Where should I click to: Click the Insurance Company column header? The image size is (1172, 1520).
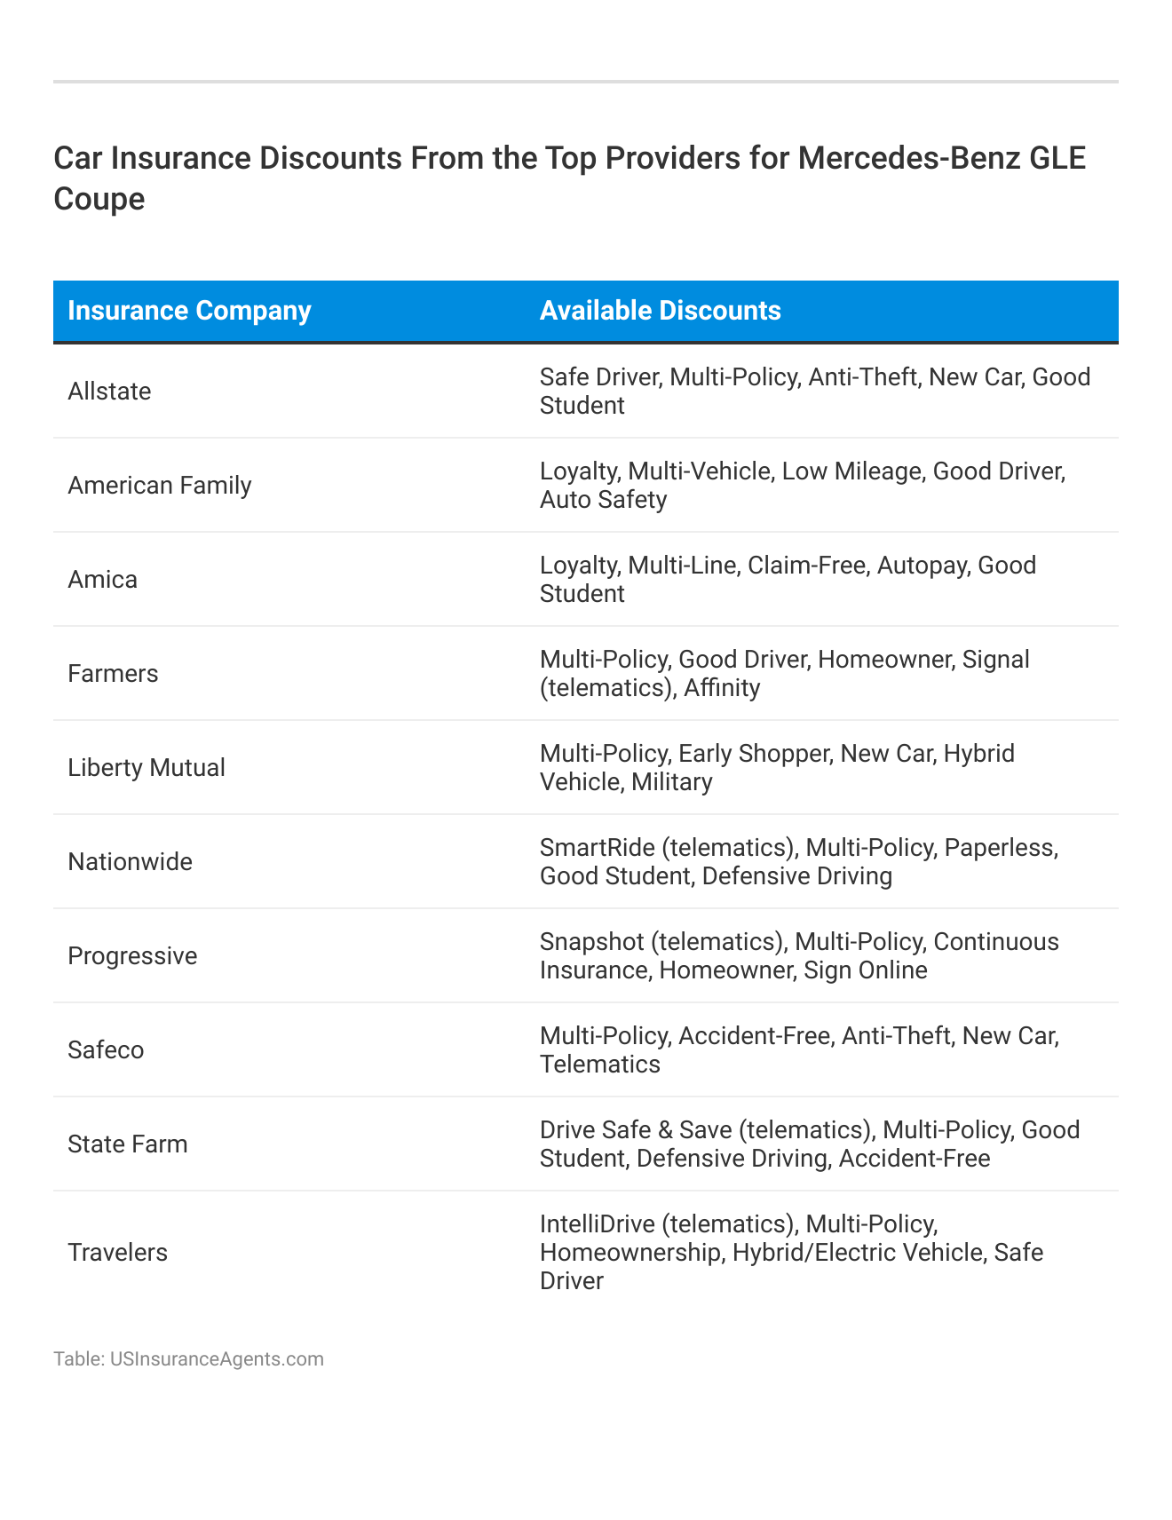click(189, 311)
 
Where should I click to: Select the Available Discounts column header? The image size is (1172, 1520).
click(660, 311)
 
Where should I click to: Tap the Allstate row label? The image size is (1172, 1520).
click(109, 392)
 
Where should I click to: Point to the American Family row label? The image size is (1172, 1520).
click(160, 486)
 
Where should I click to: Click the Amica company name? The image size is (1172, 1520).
click(102, 580)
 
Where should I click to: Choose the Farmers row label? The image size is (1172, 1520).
click(113, 674)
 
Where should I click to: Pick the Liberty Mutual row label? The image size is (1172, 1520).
click(146, 768)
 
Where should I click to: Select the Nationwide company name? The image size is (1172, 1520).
click(130, 862)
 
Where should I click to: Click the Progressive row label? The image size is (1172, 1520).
click(132, 956)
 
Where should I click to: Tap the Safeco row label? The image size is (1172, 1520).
click(106, 1050)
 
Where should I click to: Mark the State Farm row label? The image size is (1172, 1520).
click(128, 1144)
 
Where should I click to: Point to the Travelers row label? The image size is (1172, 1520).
click(117, 1253)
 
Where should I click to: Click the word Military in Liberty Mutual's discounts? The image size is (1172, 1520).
click(671, 782)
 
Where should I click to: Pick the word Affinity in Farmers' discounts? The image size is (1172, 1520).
click(722, 688)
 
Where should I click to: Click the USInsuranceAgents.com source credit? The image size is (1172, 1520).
click(217, 1359)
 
